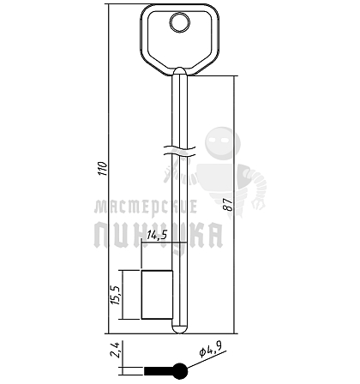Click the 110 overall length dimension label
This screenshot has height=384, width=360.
pos(103,169)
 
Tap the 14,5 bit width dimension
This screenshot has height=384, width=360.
pos(157,235)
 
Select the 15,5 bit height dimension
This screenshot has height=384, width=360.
pos(117,295)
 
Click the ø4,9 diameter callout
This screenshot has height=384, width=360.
pos(211,350)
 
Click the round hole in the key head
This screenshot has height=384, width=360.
pos(180,22)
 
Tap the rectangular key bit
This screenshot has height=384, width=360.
pos(157,295)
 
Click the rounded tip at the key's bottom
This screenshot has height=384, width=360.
pos(180,329)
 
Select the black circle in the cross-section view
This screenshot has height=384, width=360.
pos(180,371)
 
